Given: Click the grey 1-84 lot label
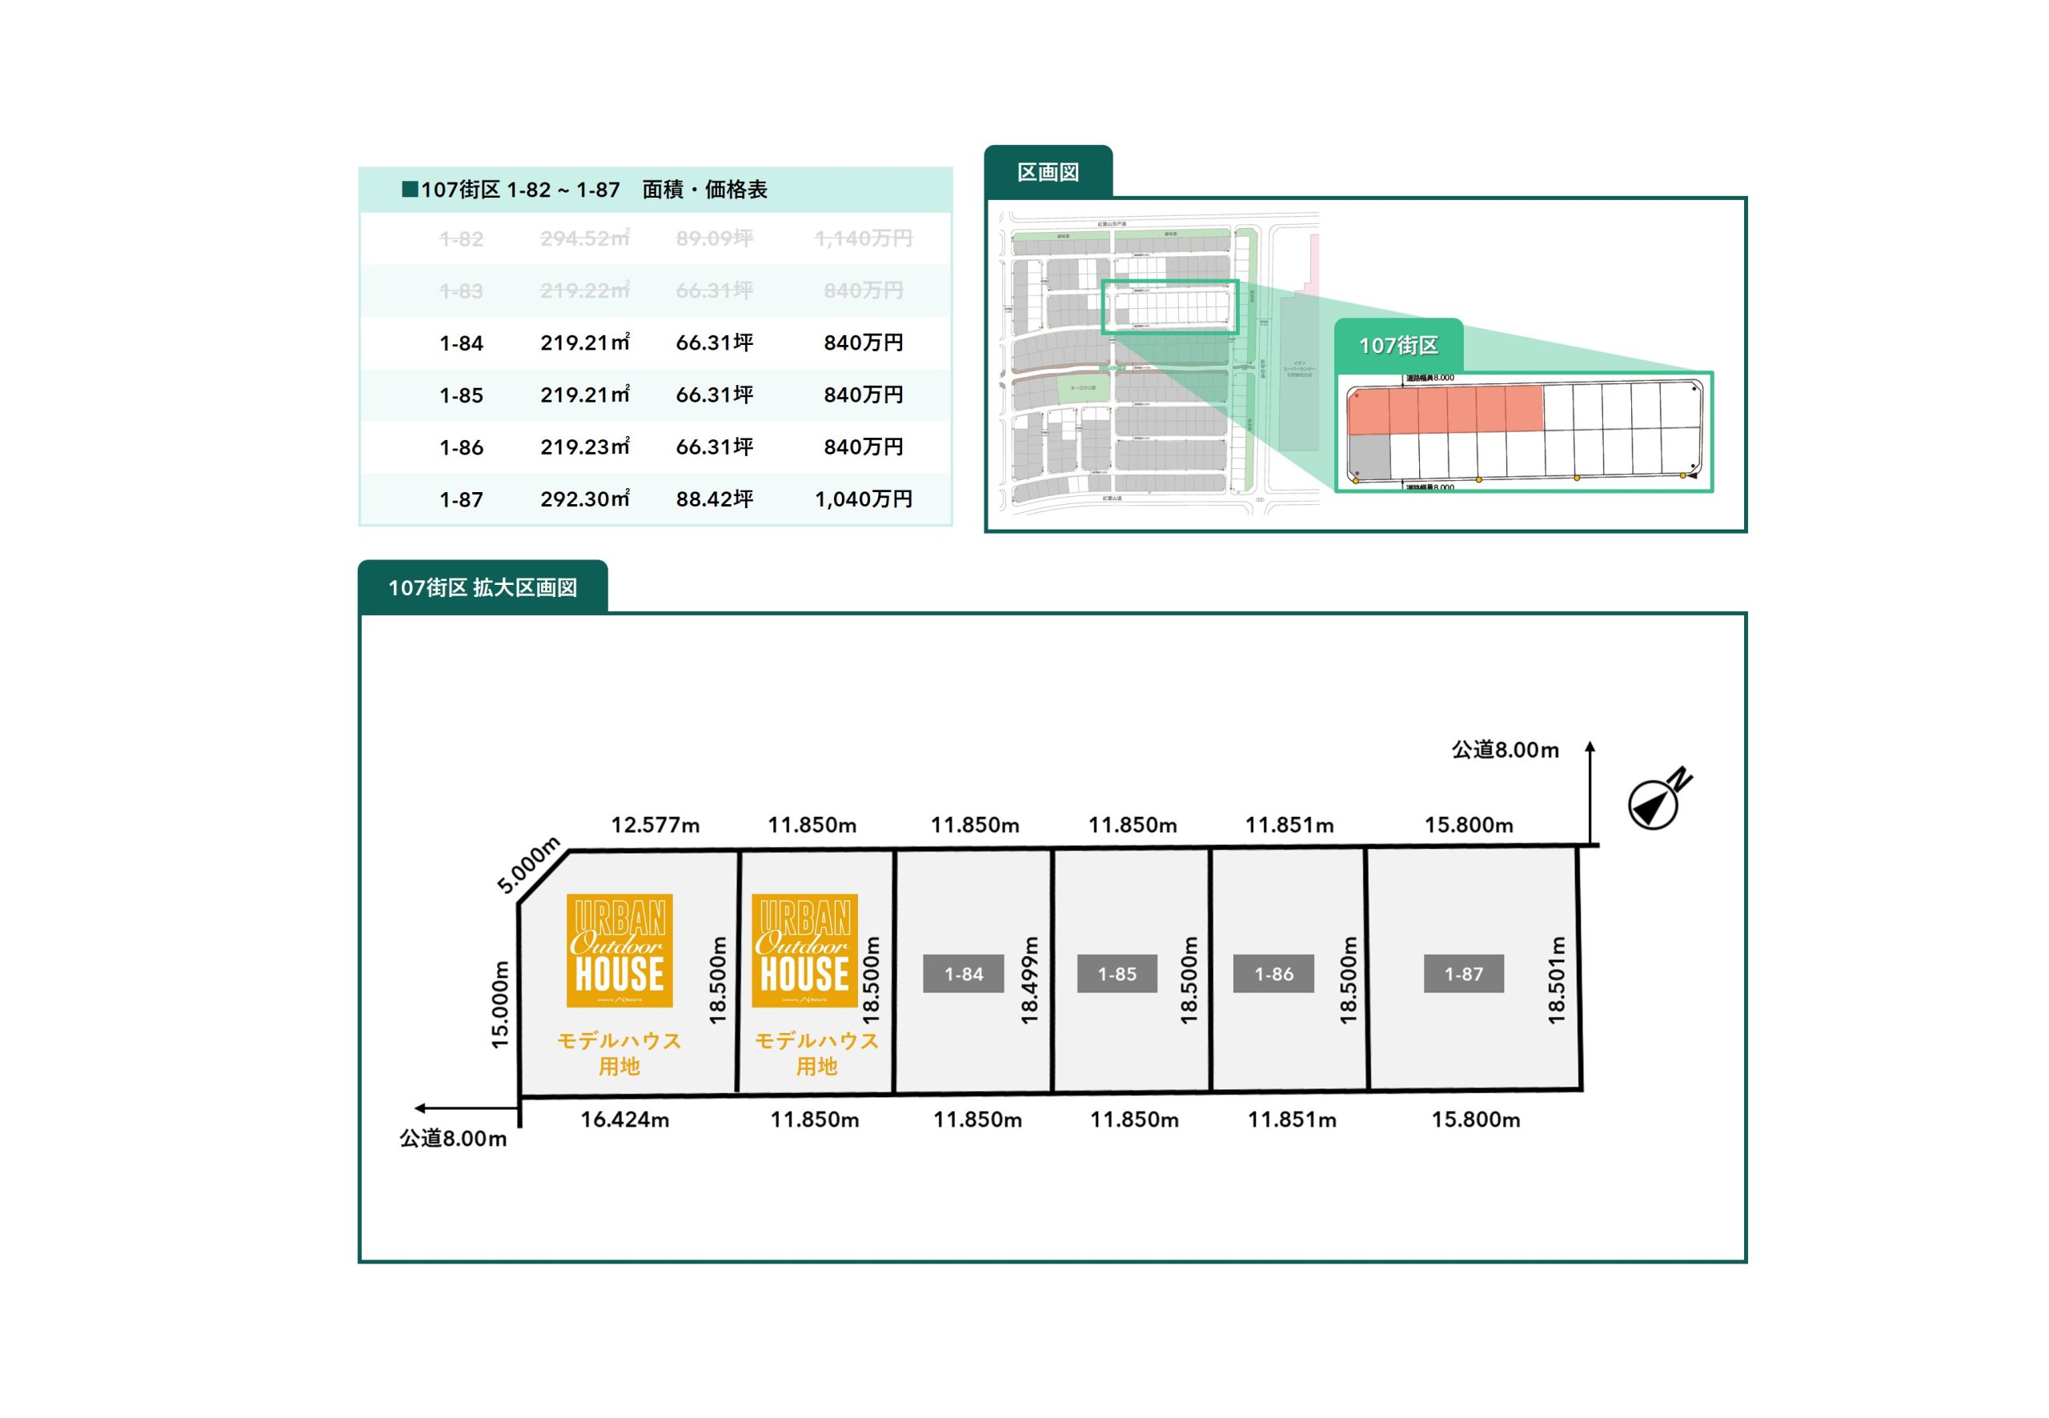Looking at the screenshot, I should [963, 974].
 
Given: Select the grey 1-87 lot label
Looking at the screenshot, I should [1463, 974].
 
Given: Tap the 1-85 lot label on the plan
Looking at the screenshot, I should [1117, 974].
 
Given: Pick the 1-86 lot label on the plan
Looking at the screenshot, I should [1273, 974].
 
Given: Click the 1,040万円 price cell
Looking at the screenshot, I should [863, 499].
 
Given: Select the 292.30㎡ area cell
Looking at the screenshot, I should [584, 499].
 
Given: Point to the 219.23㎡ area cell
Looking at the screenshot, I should [584, 447].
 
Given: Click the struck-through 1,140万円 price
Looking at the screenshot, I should [863, 238].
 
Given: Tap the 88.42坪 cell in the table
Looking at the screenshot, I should [715, 499].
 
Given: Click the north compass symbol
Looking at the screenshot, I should [1655, 800].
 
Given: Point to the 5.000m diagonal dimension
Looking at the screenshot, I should [527, 864].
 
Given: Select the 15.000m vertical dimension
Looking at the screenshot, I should [501, 1004].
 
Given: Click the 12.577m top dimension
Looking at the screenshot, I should [655, 825].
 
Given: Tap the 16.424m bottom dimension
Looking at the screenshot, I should [624, 1120].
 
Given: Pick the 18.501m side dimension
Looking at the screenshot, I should [1556, 979].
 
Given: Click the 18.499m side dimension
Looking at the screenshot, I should [1029, 979].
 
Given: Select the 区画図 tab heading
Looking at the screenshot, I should [1048, 172].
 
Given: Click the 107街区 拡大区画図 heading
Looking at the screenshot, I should [483, 587].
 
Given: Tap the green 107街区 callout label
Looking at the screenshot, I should [1397, 346].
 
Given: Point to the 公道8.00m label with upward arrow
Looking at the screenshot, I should [1506, 750].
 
